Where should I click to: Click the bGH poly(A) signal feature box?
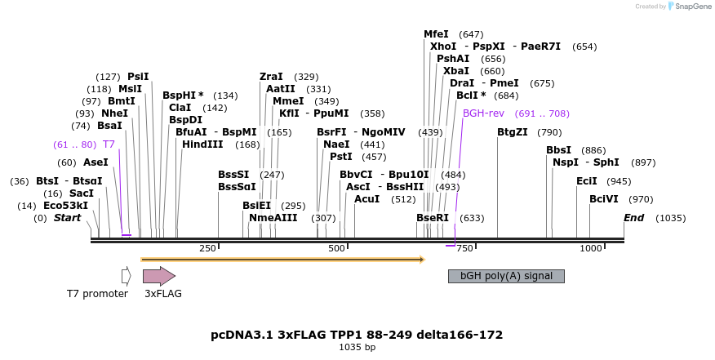506,276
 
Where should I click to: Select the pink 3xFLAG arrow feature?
159,276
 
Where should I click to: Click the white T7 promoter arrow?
126,276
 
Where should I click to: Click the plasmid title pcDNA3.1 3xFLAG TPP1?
357,335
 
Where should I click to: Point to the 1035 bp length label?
357,348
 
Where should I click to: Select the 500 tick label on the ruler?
336,248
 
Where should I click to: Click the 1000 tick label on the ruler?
590,248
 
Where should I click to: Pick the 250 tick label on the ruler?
207,248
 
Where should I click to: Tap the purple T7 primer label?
109,144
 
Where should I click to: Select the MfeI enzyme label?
436,34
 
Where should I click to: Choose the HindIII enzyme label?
202,144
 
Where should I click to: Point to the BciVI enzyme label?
604,199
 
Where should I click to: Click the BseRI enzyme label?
433,218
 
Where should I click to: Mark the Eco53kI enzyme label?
65,206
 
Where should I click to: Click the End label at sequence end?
634,218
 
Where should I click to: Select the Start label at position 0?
68,218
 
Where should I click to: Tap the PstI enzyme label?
341,157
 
